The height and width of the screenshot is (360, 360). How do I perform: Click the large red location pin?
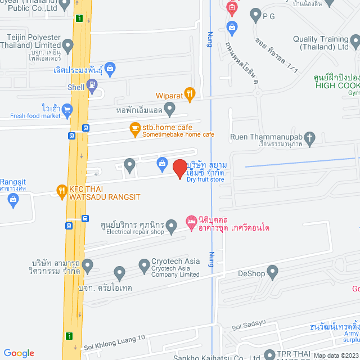pos(179,168)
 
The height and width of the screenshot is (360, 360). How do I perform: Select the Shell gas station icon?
pos(93,85)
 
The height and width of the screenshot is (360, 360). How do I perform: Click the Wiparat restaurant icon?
pos(190,94)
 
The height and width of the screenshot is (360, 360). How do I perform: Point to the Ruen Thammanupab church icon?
pos(309,137)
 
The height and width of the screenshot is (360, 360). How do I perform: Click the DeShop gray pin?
pos(273,273)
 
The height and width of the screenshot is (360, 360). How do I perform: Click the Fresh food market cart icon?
pos(67,109)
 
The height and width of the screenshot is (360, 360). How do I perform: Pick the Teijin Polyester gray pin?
pos(68,45)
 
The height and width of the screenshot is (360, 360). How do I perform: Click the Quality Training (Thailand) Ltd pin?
pos(354,41)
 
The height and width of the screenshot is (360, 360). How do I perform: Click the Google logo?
pos(19,353)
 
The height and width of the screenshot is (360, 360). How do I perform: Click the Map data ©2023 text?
pos(335,355)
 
